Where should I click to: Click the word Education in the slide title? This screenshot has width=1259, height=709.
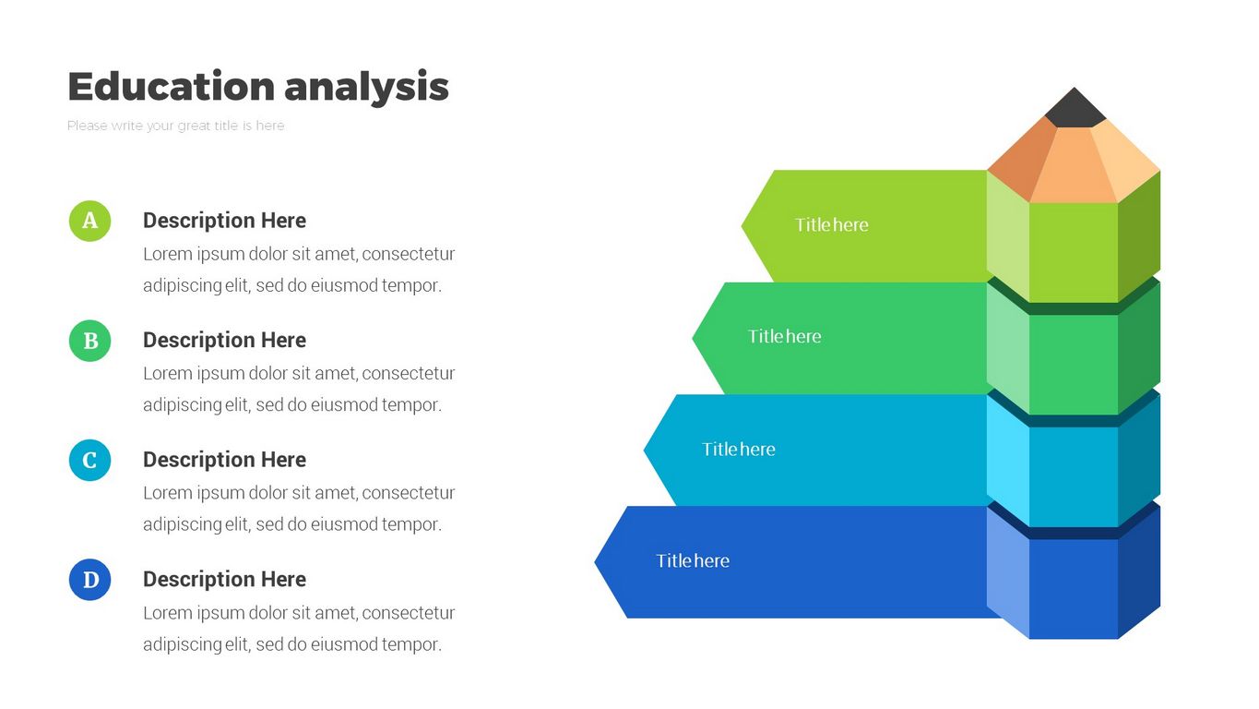(172, 86)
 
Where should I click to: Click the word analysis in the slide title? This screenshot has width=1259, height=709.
(366, 89)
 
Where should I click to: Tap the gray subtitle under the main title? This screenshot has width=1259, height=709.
(176, 126)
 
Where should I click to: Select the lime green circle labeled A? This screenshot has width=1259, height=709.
(90, 221)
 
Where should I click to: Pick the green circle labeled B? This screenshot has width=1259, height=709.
(90, 341)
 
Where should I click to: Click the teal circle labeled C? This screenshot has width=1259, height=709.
(90, 461)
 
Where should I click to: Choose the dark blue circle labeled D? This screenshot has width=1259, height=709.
(90, 580)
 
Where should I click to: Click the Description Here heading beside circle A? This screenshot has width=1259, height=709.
(225, 220)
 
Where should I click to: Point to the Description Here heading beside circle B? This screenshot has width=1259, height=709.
(225, 340)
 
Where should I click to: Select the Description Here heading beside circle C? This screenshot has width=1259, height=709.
(225, 459)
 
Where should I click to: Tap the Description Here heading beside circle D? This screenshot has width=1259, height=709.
(225, 579)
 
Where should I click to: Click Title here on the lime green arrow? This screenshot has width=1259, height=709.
(832, 225)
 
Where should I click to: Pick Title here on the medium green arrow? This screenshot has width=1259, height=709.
(785, 336)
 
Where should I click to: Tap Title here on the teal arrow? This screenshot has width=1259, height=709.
(739, 449)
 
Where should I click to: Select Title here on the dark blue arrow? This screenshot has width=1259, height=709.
(693, 560)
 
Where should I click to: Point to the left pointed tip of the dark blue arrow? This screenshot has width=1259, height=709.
(595, 561)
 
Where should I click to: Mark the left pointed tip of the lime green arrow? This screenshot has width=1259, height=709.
(742, 226)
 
